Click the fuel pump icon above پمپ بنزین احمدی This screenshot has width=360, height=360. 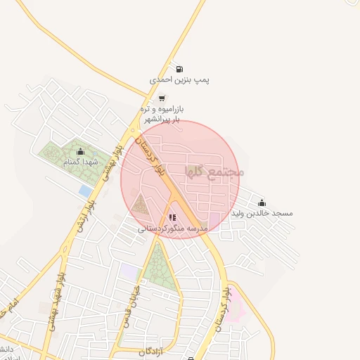point(179,70)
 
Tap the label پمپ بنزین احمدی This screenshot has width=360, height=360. point(180,81)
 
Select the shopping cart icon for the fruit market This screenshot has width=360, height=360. point(162,98)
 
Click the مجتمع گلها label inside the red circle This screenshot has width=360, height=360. point(214,171)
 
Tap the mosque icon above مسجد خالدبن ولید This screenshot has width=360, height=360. point(262,202)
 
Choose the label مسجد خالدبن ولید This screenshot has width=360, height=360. point(263,213)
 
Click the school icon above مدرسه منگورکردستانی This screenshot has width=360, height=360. point(172,218)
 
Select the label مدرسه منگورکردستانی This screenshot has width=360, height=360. point(172,229)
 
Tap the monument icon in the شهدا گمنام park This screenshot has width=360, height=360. point(80,151)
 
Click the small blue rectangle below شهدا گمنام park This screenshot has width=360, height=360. point(85,191)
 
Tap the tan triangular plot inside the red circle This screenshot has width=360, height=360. point(141,206)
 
